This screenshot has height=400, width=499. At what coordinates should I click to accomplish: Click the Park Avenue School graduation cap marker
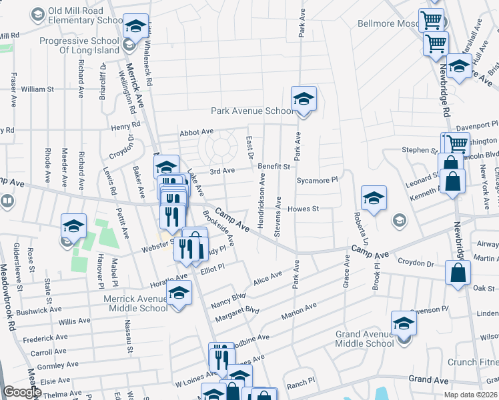(x=304, y=100)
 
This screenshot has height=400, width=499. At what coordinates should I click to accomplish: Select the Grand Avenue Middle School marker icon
(x=404, y=324)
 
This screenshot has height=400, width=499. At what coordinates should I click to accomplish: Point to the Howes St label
(x=304, y=209)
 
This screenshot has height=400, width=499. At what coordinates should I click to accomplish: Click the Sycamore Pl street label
(x=318, y=180)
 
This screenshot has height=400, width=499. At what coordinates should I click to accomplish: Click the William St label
(x=37, y=89)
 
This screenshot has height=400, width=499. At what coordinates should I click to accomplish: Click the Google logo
(x=22, y=392)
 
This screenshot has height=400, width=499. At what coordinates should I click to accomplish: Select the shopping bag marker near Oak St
(x=458, y=273)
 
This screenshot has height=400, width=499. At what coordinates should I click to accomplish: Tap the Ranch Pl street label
(x=301, y=383)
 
